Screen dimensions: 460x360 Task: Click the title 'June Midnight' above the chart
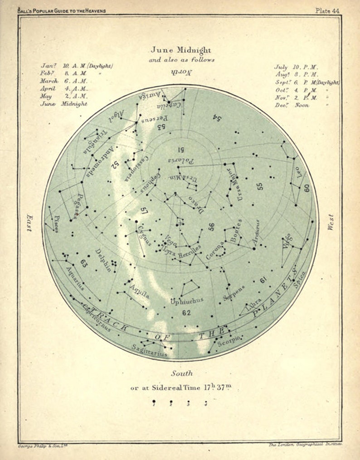click(x=181, y=50)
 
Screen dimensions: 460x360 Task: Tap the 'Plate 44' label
click(x=329, y=10)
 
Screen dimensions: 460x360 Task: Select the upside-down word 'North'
click(x=181, y=71)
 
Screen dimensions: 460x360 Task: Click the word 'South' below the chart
click(x=181, y=373)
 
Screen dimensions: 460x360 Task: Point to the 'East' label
click(x=29, y=223)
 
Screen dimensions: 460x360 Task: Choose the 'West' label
click(x=331, y=223)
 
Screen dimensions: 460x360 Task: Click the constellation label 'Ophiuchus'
click(x=187, y=300)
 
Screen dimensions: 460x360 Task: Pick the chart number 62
click(x=186, y=313)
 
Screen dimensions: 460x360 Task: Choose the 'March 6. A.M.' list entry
click(x=63, y=81)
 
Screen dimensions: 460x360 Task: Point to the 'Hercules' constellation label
click(x=189, y=251)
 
